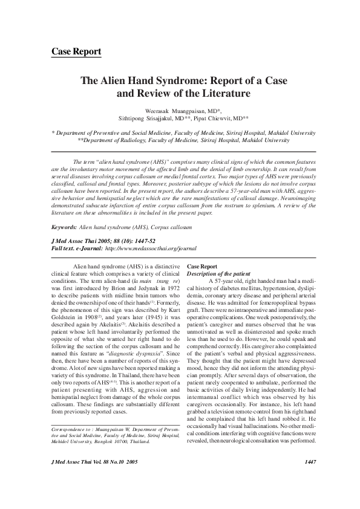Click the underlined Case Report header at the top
(x=76, y=52)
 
